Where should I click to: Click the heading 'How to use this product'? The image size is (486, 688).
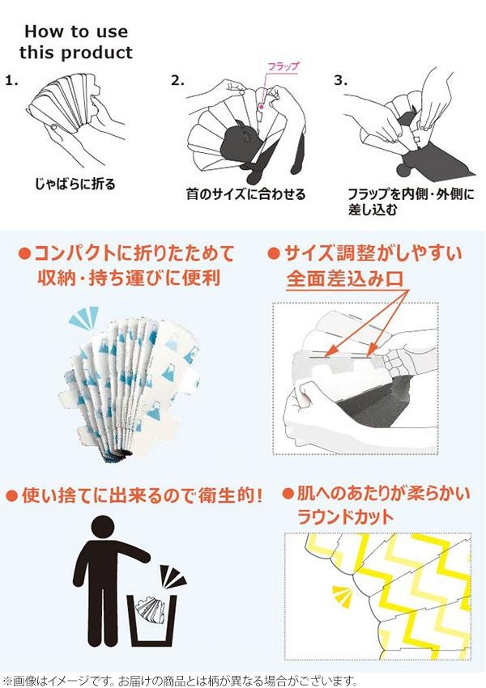(75, 42)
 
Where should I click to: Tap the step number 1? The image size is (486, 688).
(12, 81)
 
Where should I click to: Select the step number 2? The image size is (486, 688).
(177, 81)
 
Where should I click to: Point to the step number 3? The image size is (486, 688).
(341, 81)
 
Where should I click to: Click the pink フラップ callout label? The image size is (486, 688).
(283, 66)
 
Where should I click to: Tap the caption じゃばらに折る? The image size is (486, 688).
(75, 184)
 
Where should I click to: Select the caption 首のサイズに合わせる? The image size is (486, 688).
(245, 193)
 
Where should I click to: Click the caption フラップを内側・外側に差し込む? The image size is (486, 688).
(411, 202)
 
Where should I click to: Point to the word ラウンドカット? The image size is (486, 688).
(346, 517)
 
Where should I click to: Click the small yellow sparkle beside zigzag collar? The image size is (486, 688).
(343, 596)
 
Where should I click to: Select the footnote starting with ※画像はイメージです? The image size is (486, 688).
(180, 681)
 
